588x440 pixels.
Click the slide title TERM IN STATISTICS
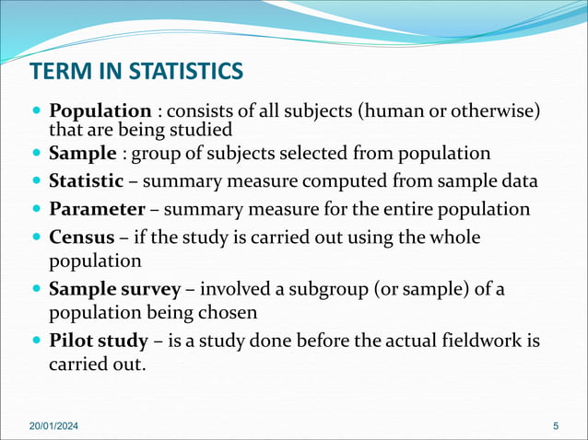pos(136,71)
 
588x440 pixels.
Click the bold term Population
pos(100,111)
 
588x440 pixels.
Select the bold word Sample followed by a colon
pos(83,153)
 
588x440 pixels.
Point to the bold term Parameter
pos(97,209)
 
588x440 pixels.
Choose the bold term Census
pos(83,237)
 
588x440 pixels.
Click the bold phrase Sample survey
pos(115,289)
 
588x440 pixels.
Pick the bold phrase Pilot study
pos(99,341)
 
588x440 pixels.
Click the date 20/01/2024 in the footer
pos(53,424)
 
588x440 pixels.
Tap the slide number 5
pos(556,424)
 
